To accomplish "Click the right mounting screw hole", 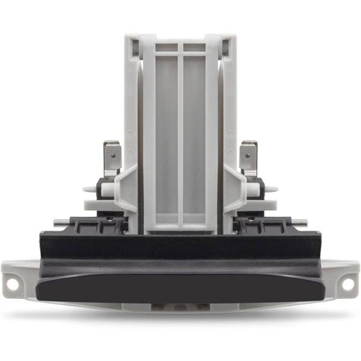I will coord(347,283).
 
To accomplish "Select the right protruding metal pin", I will coord(301,223).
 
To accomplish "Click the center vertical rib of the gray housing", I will coord(180,138).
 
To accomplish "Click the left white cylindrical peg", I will coord(107,190).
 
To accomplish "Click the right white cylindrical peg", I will coord(254,190).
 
